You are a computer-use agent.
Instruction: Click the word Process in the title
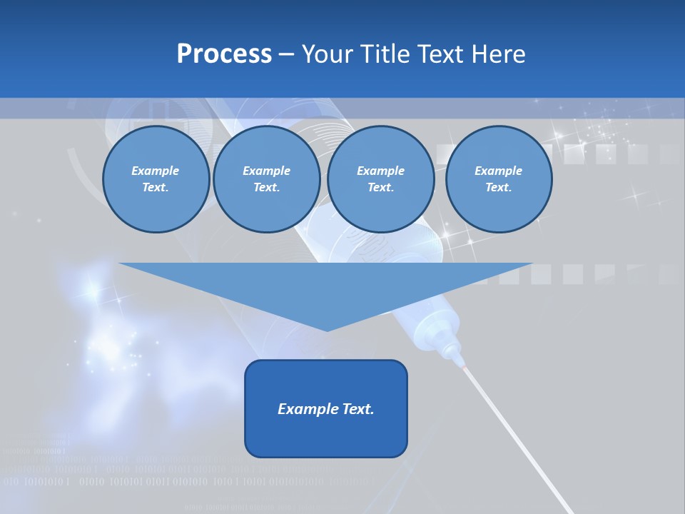224,54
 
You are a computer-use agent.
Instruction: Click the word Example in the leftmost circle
156,171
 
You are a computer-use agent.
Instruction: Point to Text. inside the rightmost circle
498,188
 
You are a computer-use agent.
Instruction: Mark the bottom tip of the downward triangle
327,330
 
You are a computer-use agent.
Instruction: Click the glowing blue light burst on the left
93,289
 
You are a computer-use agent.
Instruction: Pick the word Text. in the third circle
380,188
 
